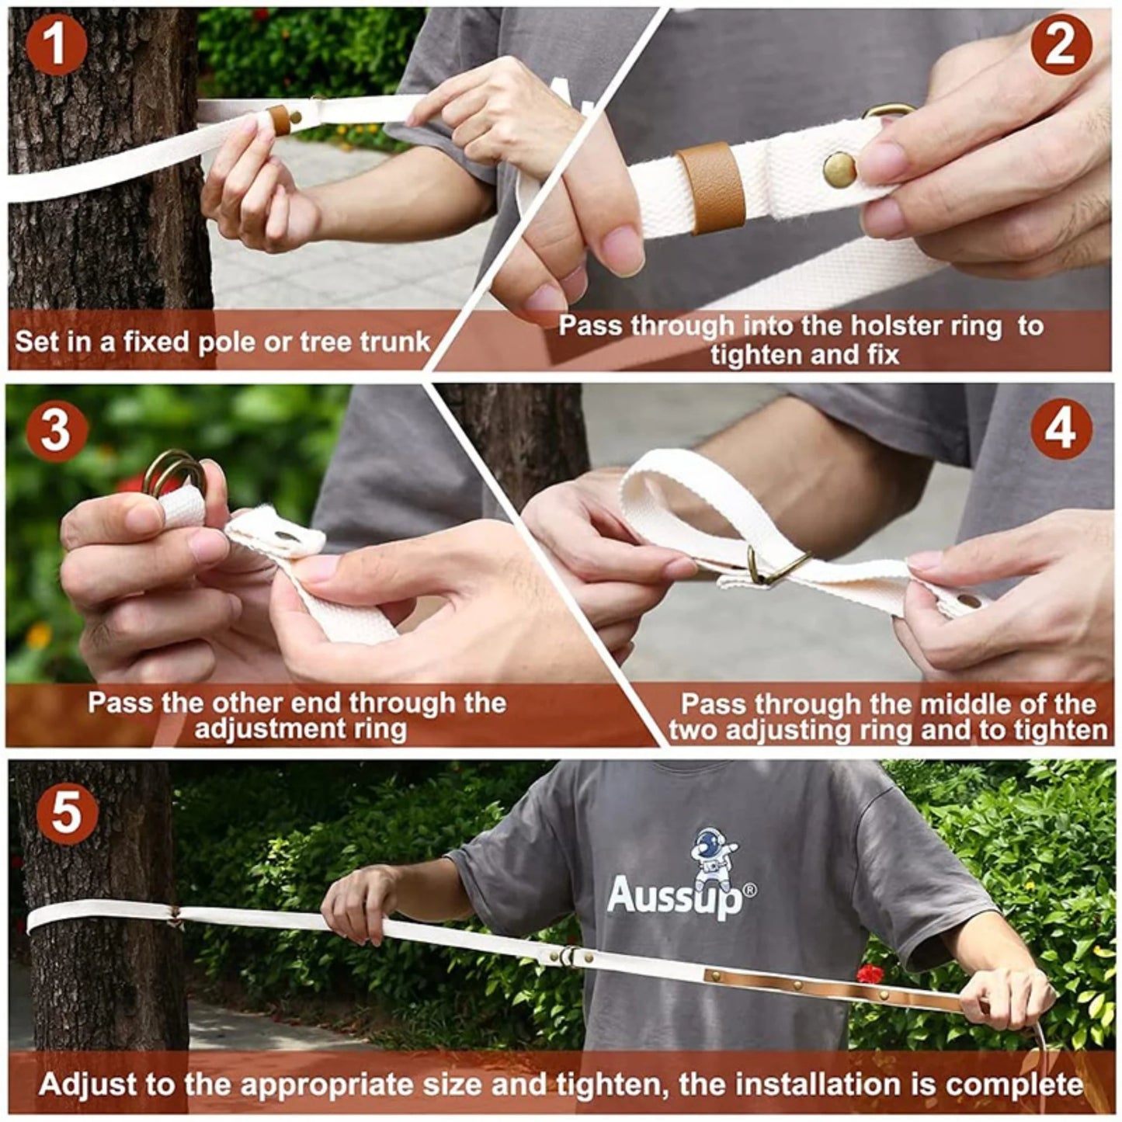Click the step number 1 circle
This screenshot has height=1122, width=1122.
point(55,45)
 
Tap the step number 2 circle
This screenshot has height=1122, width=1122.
point(1061,44)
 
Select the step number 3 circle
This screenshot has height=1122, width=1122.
point(55,429)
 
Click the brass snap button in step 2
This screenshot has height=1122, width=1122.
point(839,169)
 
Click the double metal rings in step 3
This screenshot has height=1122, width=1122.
point(172,471)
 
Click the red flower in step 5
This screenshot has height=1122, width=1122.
point(870,973)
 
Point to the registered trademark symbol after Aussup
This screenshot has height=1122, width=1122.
point(750,890)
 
